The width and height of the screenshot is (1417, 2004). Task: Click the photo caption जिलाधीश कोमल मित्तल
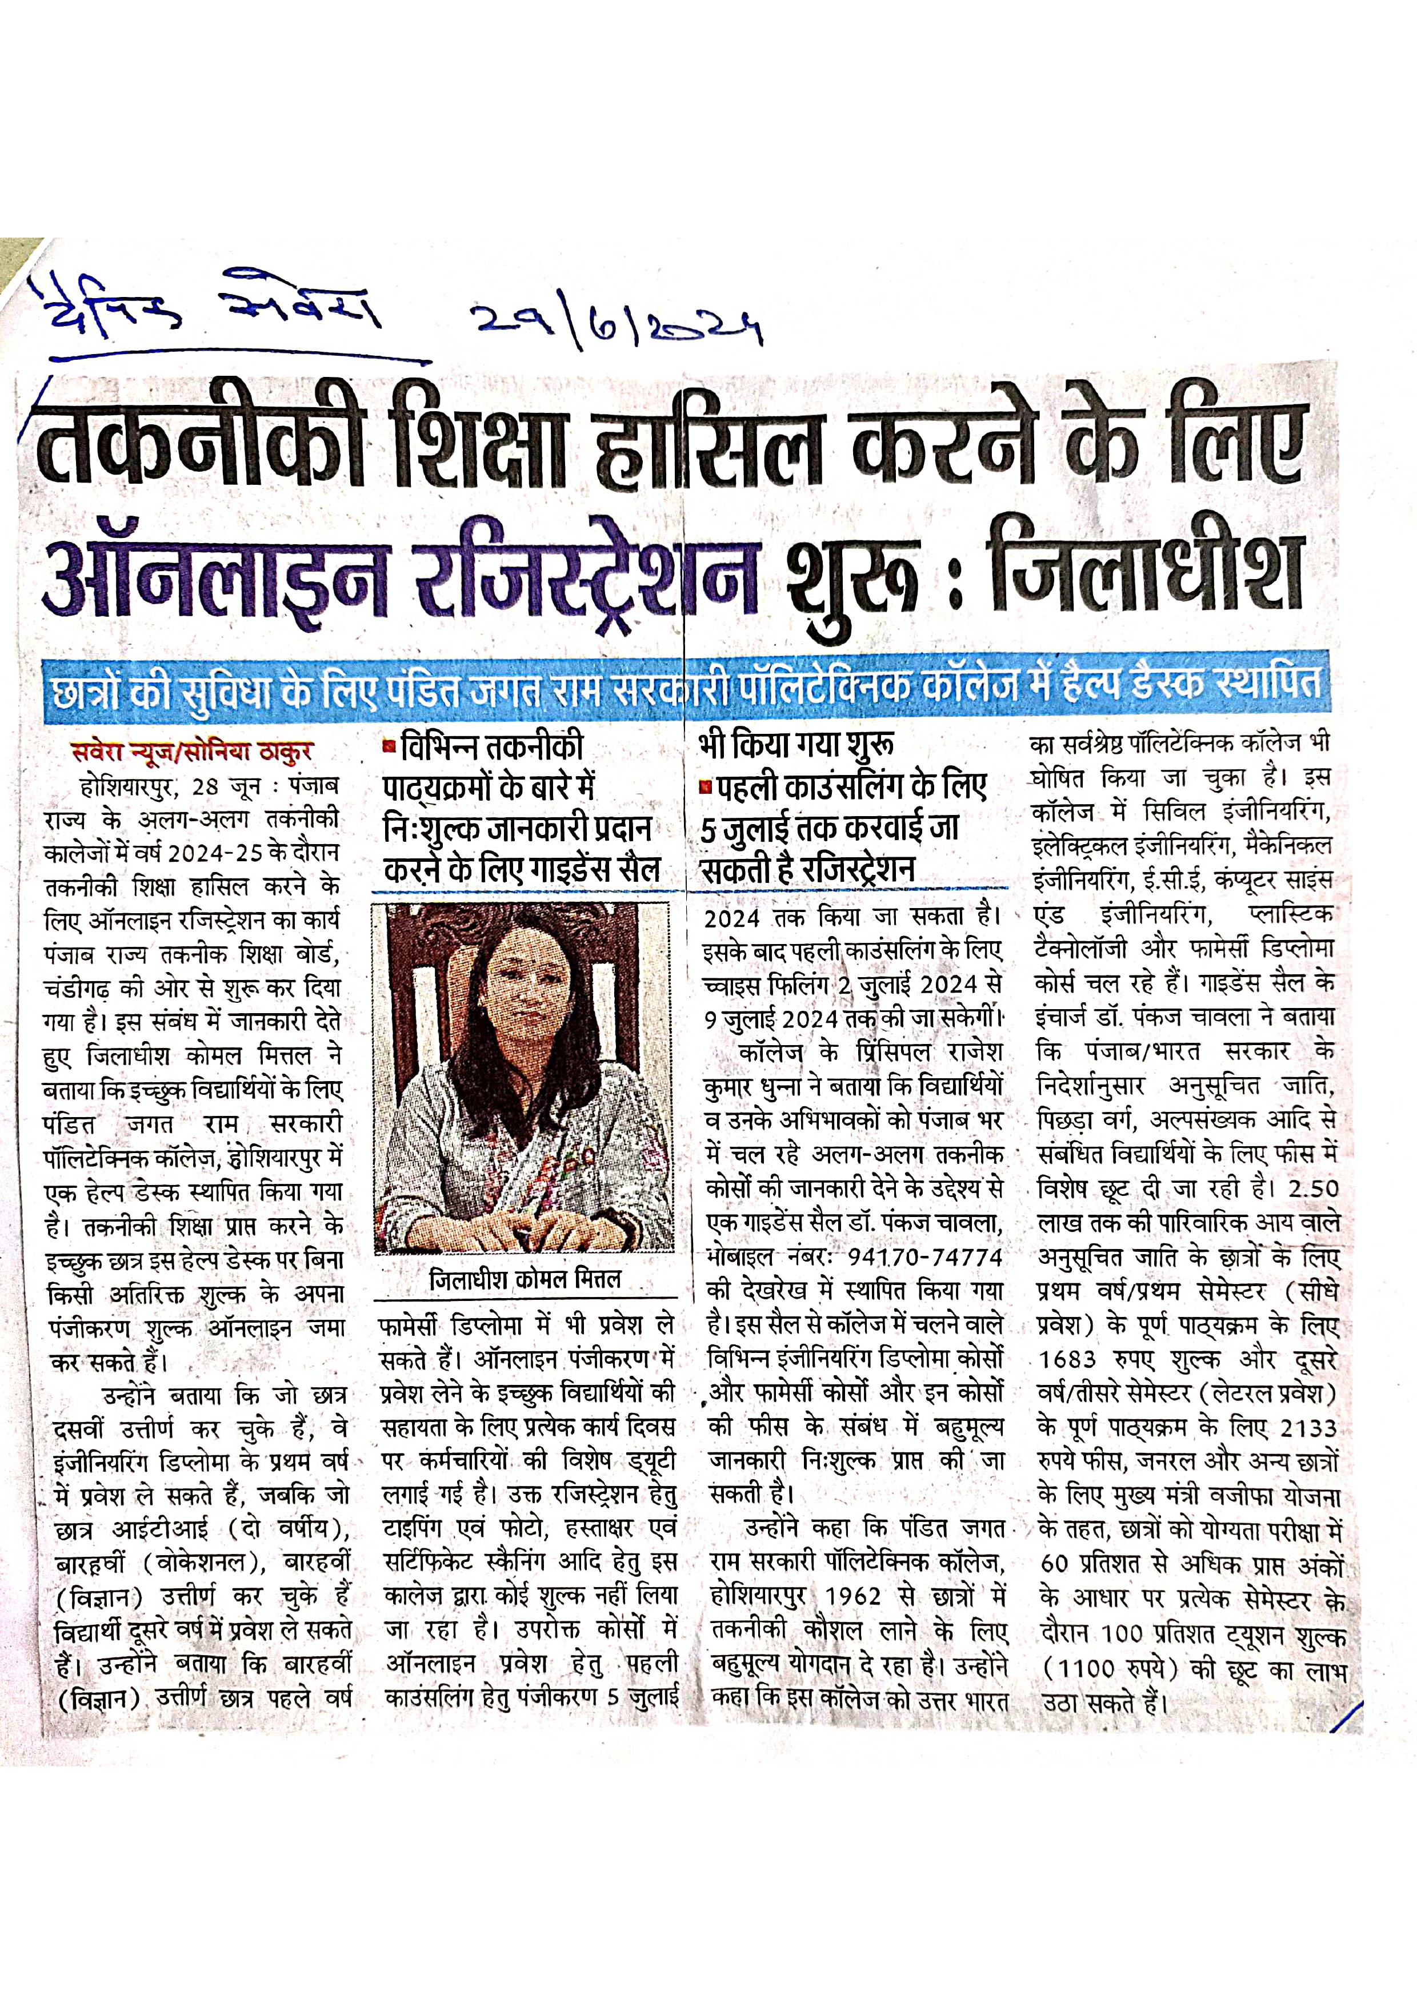525,1280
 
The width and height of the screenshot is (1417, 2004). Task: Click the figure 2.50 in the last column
1313,1190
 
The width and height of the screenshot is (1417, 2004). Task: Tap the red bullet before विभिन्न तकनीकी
390,747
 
